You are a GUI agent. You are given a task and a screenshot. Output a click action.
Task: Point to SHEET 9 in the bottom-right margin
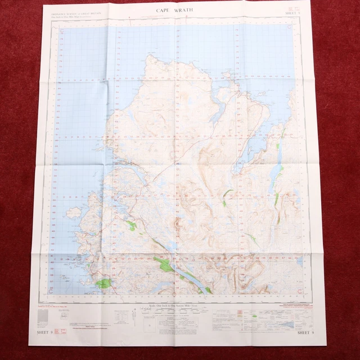click(305, 334)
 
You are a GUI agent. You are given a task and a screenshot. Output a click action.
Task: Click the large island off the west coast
click(73, 213)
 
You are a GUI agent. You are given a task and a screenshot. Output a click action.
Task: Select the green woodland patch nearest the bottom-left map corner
click(102, 284)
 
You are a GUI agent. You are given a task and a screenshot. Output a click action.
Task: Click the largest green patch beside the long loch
click(164, 264)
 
